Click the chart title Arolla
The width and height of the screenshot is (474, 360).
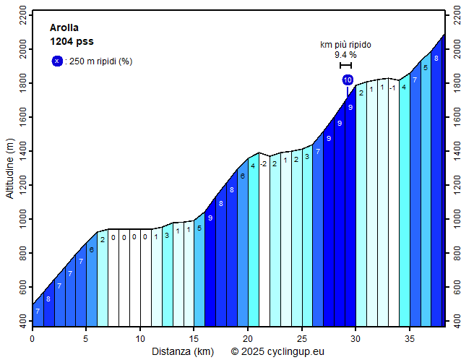point(64,28)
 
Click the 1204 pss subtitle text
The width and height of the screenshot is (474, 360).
point(72,42)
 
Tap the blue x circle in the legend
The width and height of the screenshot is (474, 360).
point(57,61)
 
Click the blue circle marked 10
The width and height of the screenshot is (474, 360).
point(348,80)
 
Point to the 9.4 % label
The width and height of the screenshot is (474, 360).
point(345,55)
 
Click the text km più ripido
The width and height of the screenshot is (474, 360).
point(345,45)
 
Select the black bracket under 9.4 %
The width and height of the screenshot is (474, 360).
point(345,66)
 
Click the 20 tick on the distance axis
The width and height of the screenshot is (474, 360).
point(248,338)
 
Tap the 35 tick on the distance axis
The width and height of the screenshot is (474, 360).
point(410,338)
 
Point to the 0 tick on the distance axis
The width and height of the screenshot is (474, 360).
point(33,338)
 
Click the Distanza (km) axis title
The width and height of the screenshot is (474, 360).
point(182,351)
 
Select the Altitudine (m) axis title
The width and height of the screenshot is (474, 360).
point(10,169)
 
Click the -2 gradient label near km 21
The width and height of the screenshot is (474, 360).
point(264,163)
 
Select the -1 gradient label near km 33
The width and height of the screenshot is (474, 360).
point(393,88)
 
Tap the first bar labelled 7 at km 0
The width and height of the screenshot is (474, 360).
point(38,311)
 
